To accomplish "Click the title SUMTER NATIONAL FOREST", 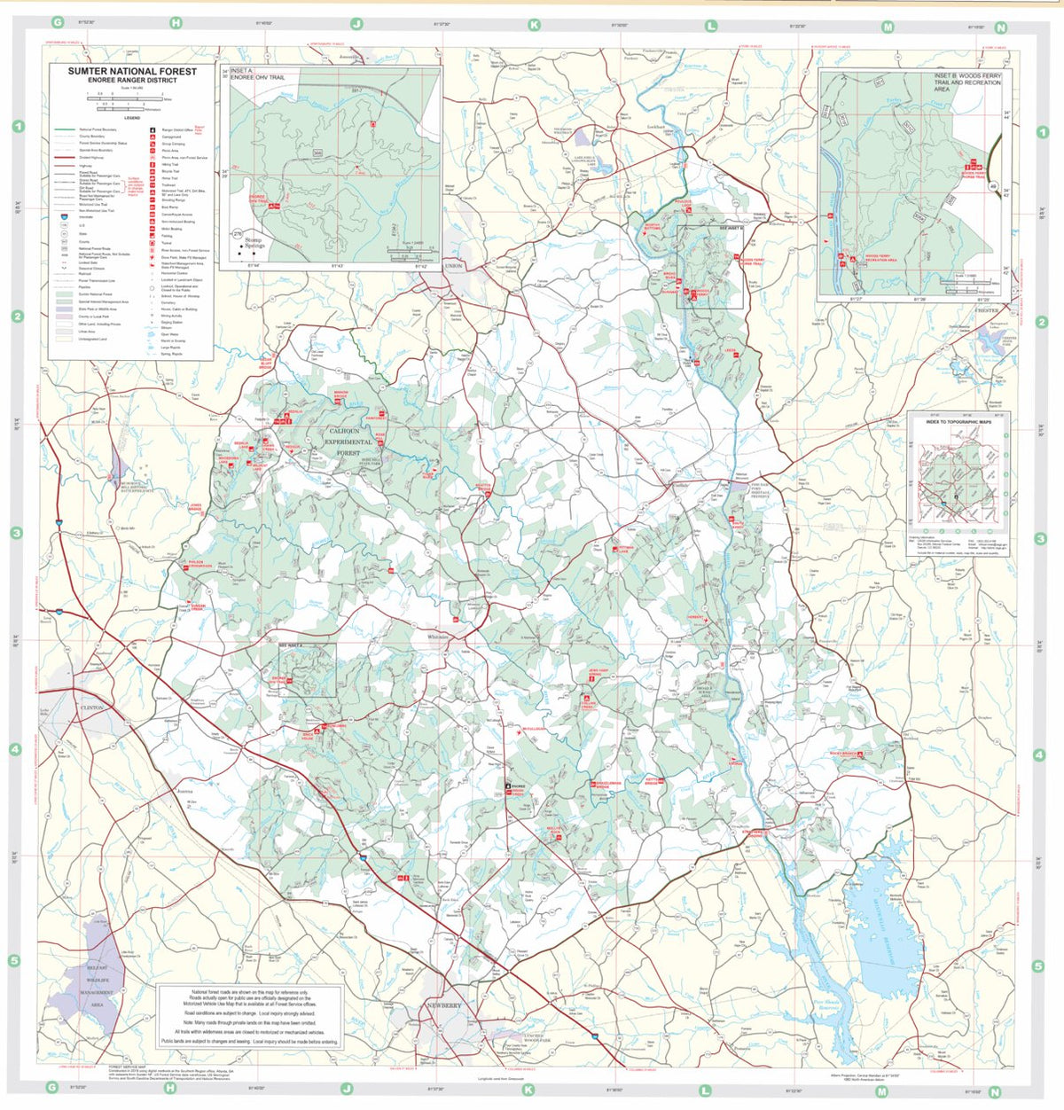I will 131,71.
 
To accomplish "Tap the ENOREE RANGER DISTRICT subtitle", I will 131,81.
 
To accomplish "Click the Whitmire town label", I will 439,637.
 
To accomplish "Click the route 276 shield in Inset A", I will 237,234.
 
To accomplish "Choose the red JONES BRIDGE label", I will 196,507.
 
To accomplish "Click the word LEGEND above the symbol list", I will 131,117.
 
